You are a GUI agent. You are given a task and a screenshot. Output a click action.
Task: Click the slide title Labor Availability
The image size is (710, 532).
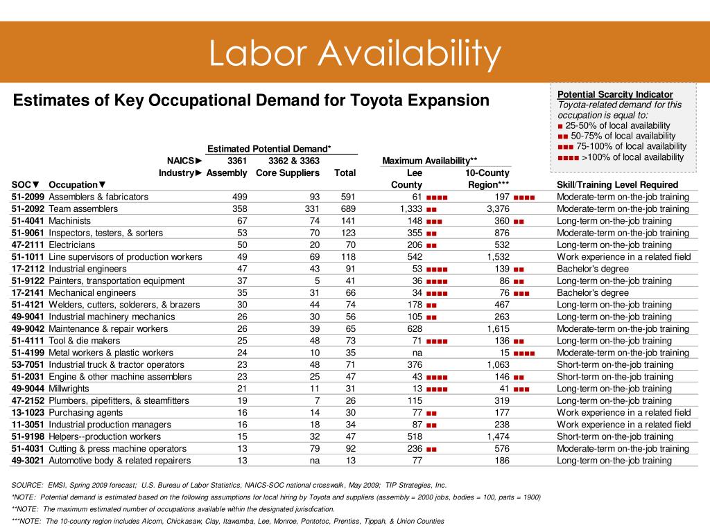[x=355, y=53]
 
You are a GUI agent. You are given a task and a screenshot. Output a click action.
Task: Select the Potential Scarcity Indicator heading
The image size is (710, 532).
[x=615, y=94]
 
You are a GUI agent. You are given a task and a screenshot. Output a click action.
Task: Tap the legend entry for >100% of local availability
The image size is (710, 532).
[x=621, y=157]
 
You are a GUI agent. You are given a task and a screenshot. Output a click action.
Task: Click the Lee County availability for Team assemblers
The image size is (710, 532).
[x=410, y=209]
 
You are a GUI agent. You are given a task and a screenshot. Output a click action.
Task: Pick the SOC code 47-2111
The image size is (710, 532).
[x=28, y=245]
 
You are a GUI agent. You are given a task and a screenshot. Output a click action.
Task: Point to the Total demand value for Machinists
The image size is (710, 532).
[x=348, y=221]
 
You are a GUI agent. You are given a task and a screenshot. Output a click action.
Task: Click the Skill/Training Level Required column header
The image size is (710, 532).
[x=617, y=184]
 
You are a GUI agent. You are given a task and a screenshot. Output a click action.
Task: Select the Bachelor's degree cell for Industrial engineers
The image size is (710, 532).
[x=593, y=269]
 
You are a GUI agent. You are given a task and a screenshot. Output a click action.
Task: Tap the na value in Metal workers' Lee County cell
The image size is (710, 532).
[x=417, y=353]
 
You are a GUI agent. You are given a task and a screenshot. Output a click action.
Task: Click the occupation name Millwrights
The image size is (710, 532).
[x=69, y=389]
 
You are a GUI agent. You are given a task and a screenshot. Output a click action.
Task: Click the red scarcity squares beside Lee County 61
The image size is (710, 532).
[x=437, y=197]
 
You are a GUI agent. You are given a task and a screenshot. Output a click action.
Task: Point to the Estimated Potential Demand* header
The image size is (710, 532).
[x=269, y=149]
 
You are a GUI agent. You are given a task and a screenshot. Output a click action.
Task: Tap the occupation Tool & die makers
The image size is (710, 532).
[x=84, y=341]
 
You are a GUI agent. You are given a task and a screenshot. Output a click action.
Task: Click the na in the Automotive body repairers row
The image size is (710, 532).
[x=314, y=461]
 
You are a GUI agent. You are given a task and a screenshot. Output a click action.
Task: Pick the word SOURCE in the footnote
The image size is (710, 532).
[x=27, y=486]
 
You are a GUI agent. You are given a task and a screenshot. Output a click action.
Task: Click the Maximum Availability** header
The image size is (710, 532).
[x=430, y=161]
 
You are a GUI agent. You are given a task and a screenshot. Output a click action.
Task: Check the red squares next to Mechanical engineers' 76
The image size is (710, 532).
[x=521, y=294]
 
